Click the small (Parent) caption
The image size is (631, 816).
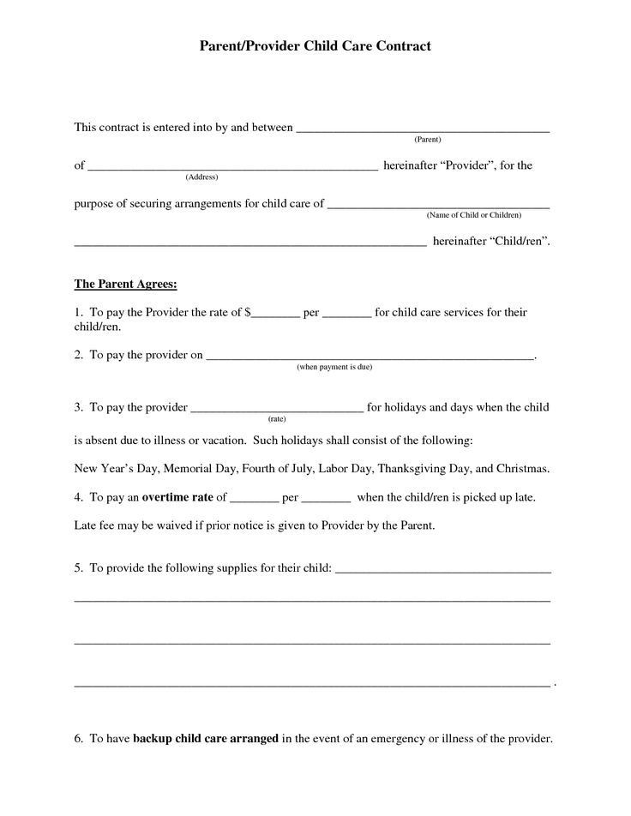[x=427, y=139]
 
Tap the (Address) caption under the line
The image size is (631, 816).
[x=201, y=177]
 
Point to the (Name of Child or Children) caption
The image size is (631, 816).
[x=473, y=214]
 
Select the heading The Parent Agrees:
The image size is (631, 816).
[x=125, y=283]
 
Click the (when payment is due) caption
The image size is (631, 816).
[x=334, y=367]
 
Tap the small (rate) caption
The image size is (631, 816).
[x=276, y=418]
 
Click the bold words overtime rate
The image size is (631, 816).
[x=177, y=496]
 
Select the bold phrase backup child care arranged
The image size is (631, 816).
[x=206, y=738]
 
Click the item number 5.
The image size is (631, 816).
[x=78, y=567]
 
